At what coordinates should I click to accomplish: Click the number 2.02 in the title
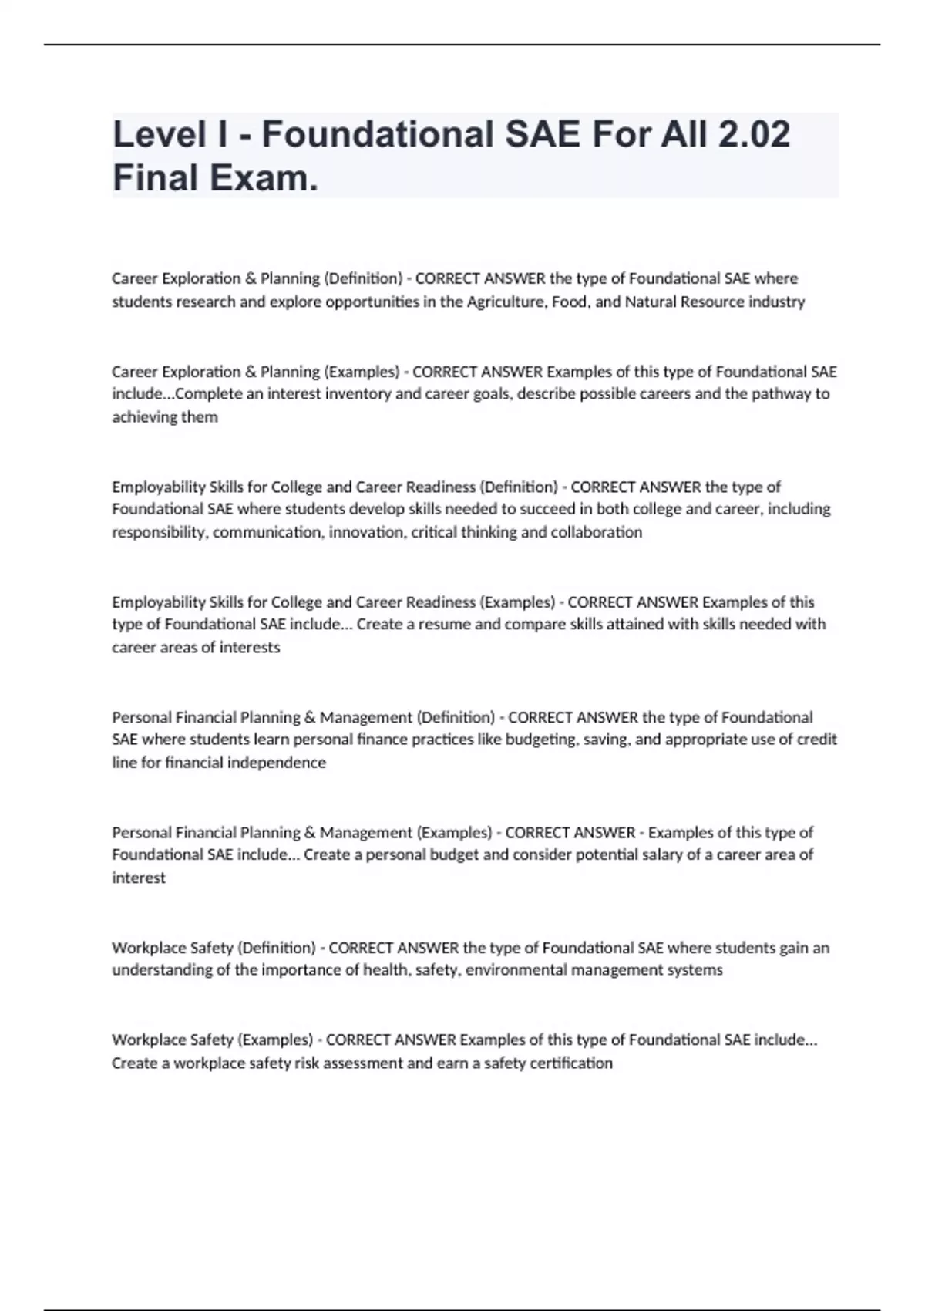[753, 134]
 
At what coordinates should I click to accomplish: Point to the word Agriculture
[505, 302]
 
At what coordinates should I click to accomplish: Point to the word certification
[571, 1063]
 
